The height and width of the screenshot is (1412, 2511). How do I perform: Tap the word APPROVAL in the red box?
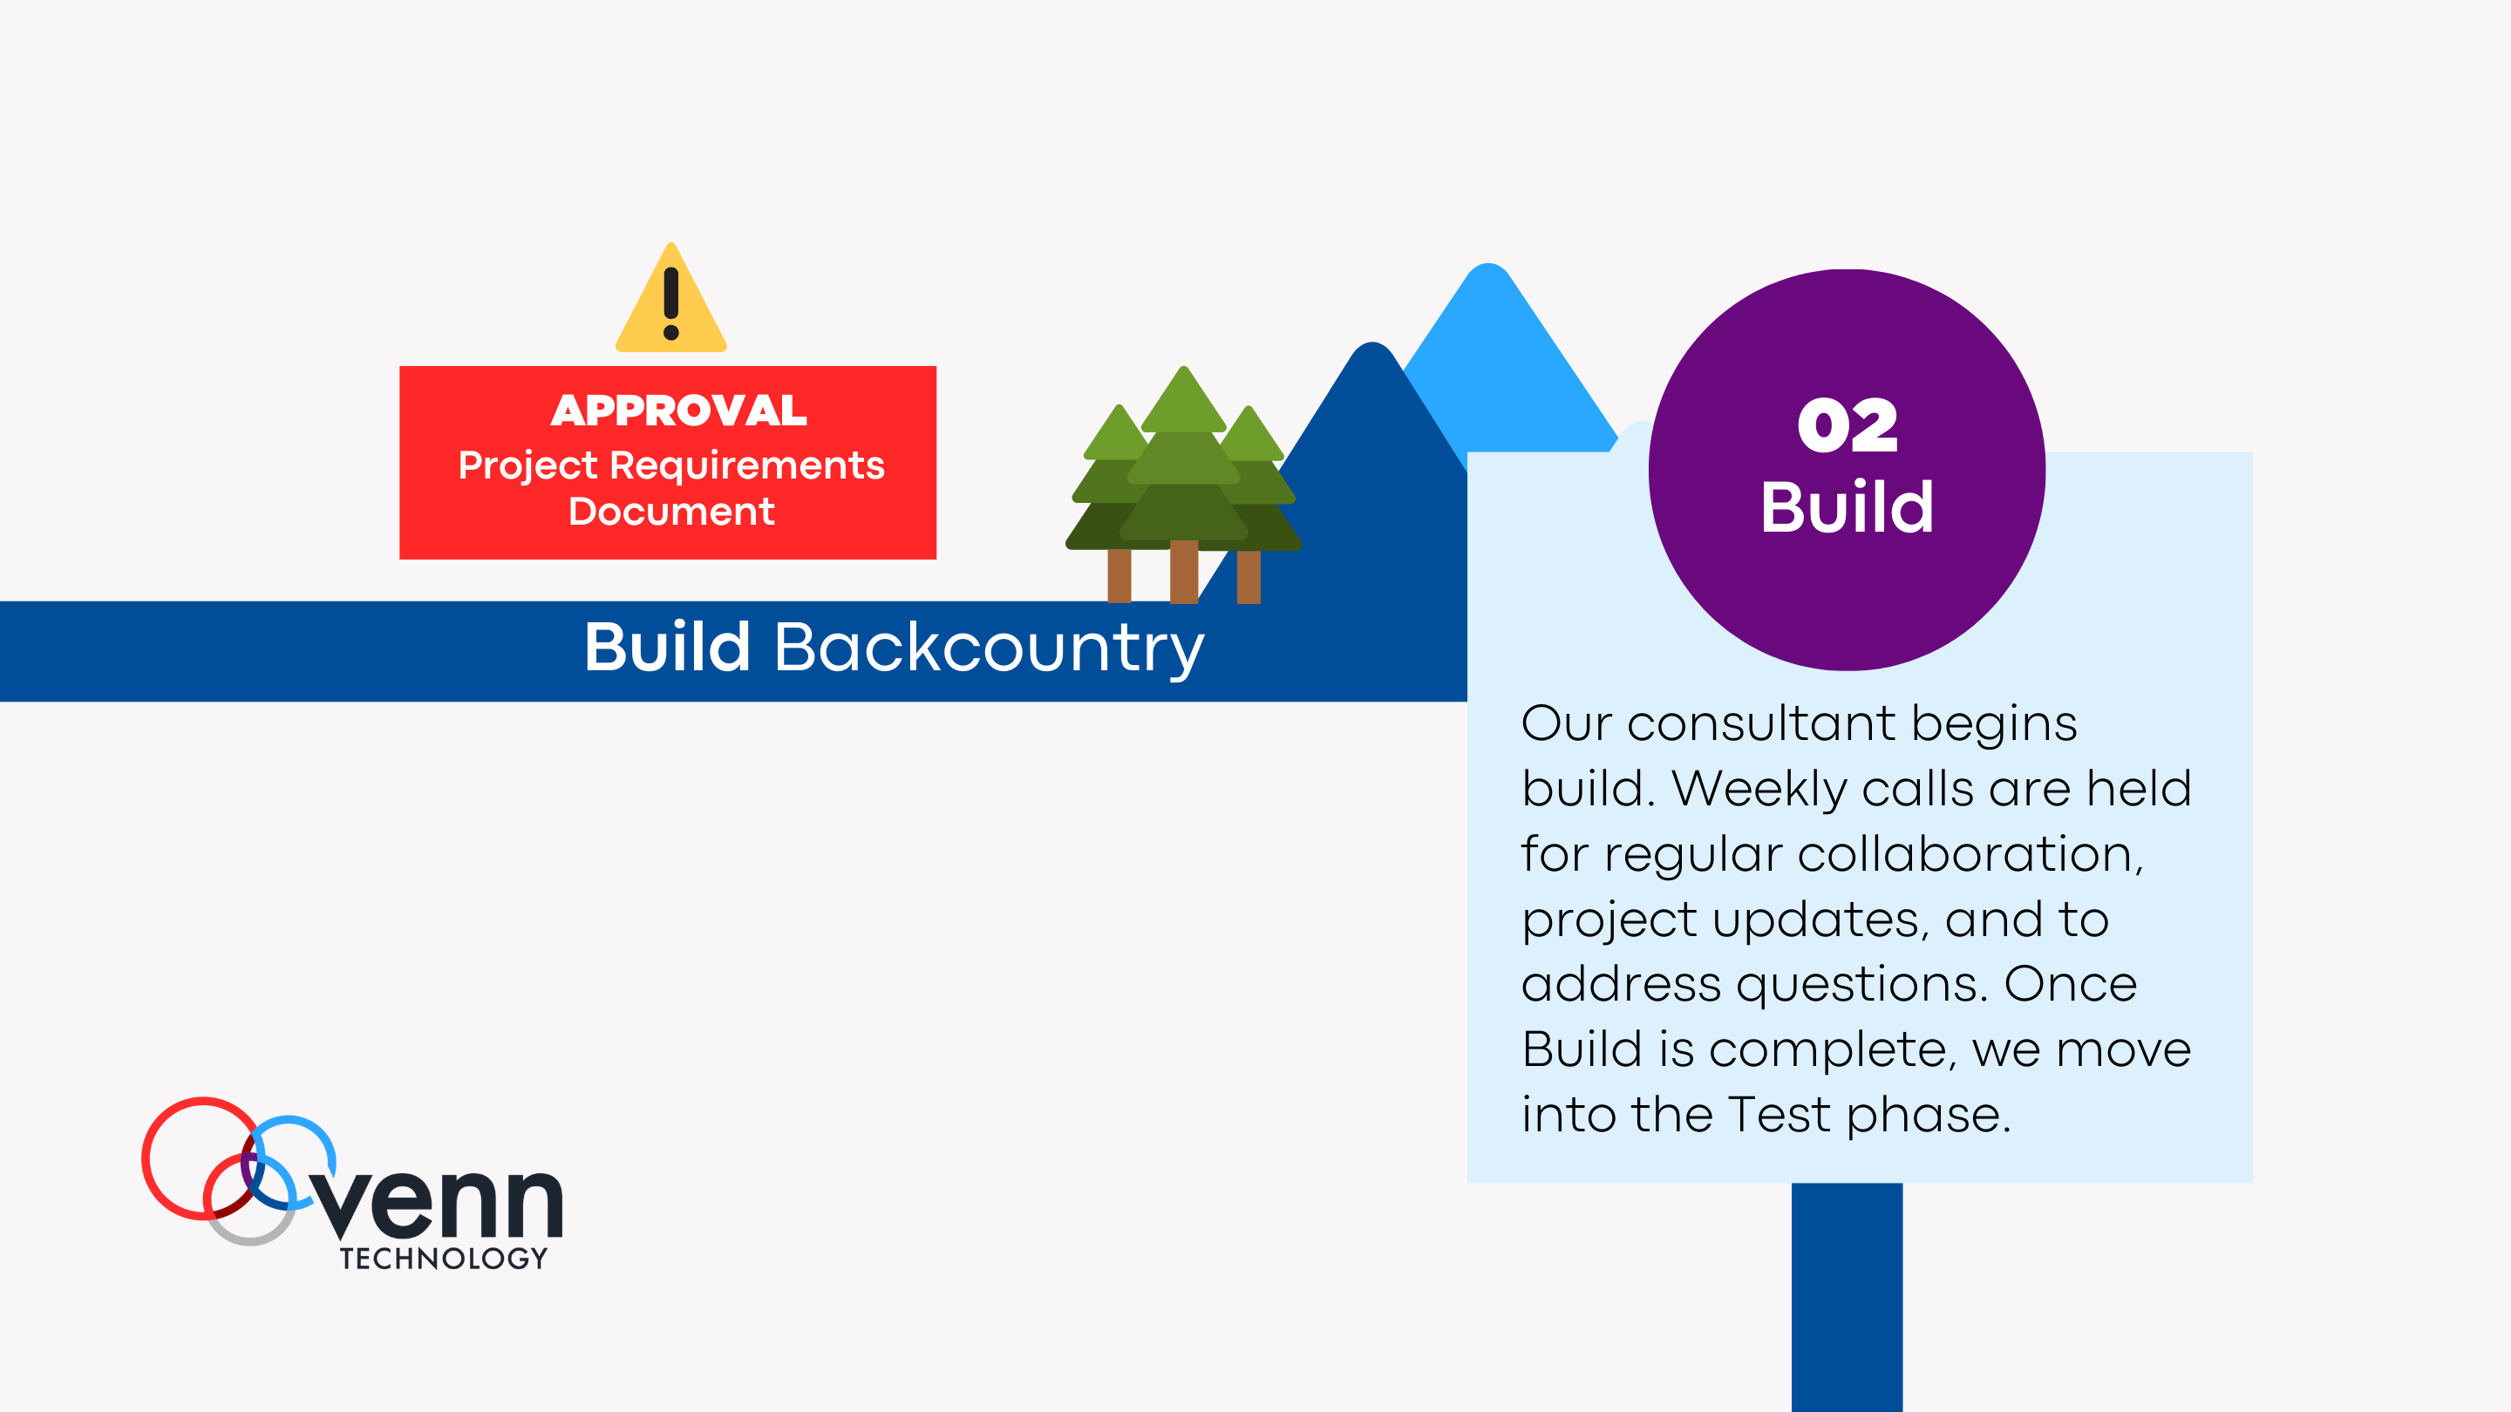click(678, 411)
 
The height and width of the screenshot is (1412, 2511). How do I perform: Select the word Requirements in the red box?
click(746, 465)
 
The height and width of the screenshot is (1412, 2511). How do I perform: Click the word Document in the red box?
click(670, 512)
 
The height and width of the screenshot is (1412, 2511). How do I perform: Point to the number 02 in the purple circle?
click(1848, 426)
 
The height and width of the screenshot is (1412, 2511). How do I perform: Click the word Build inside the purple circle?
click(1848, 506)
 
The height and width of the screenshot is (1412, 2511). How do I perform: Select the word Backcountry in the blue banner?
click(989, 647)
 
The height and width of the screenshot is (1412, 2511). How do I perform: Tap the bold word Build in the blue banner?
click(667, 647)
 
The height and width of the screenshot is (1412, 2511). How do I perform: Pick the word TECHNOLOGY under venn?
click(444, 1258)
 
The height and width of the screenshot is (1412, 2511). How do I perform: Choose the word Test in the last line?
click(1778, 1114)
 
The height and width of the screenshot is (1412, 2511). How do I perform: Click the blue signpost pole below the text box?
click(1847, 1296)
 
